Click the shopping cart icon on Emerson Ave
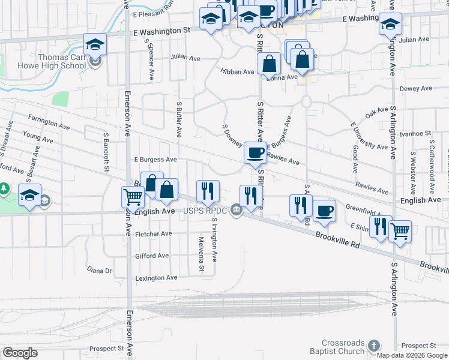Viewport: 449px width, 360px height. [x=132, y=196]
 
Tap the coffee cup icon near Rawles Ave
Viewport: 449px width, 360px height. [x=255, y=153]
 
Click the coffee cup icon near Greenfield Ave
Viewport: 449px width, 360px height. [x=324, y=211]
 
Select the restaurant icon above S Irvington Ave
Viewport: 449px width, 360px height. [x=208, y=191]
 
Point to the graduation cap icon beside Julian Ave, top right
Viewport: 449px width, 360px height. [x=390, y=25]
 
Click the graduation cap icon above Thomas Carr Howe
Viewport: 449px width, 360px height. [x=95, y=44]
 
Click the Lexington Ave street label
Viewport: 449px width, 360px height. [x=156, y=278]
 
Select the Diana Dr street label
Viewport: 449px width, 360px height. [x=100, y=271]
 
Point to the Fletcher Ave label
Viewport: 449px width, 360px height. [x=154, y=234]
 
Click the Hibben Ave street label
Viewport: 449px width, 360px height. [x=237, y=71]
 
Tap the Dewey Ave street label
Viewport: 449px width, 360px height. [x=416, y=88]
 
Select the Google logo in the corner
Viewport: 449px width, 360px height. [x=20, y=353]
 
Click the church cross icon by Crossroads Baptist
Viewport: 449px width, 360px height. [x=373, y=346]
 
